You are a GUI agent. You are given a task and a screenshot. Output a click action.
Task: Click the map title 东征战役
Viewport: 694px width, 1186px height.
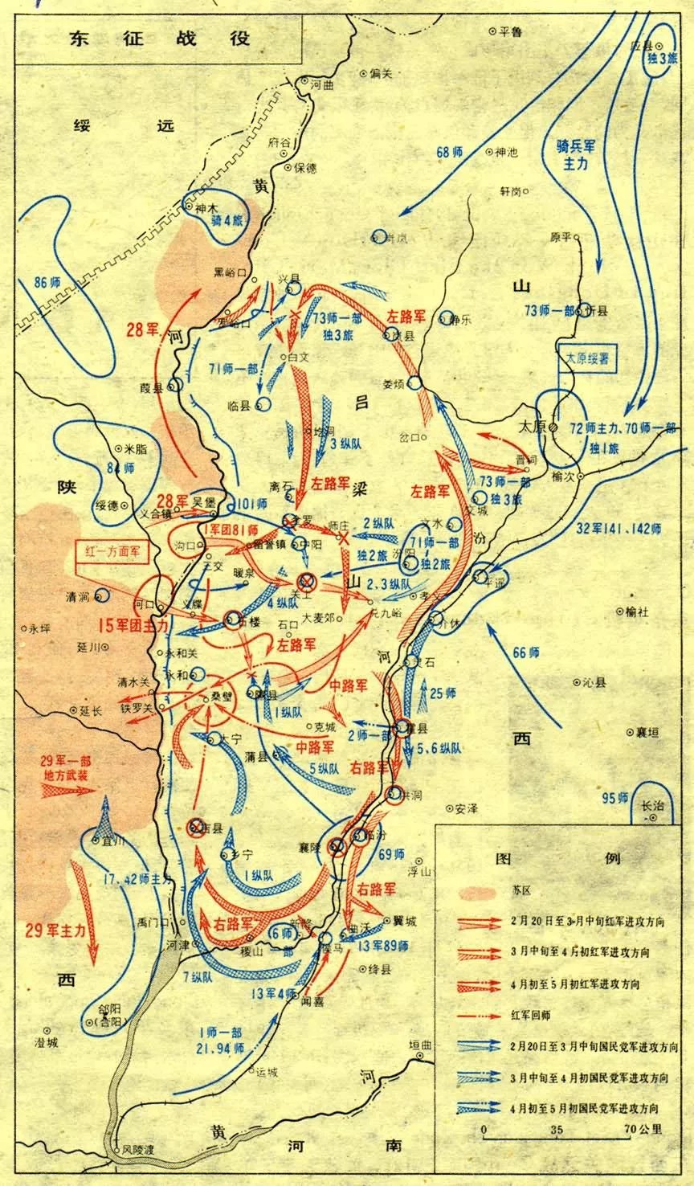(158, 38)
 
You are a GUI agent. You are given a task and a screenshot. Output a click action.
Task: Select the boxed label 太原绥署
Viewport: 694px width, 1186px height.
(588, 359)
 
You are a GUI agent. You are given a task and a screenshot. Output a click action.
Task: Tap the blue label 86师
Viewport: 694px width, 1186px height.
(48, 282)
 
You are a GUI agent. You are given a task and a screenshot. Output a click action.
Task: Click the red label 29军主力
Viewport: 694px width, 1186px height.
(55, 929)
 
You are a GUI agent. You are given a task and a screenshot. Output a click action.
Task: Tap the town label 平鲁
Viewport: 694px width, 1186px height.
(510, 31)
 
